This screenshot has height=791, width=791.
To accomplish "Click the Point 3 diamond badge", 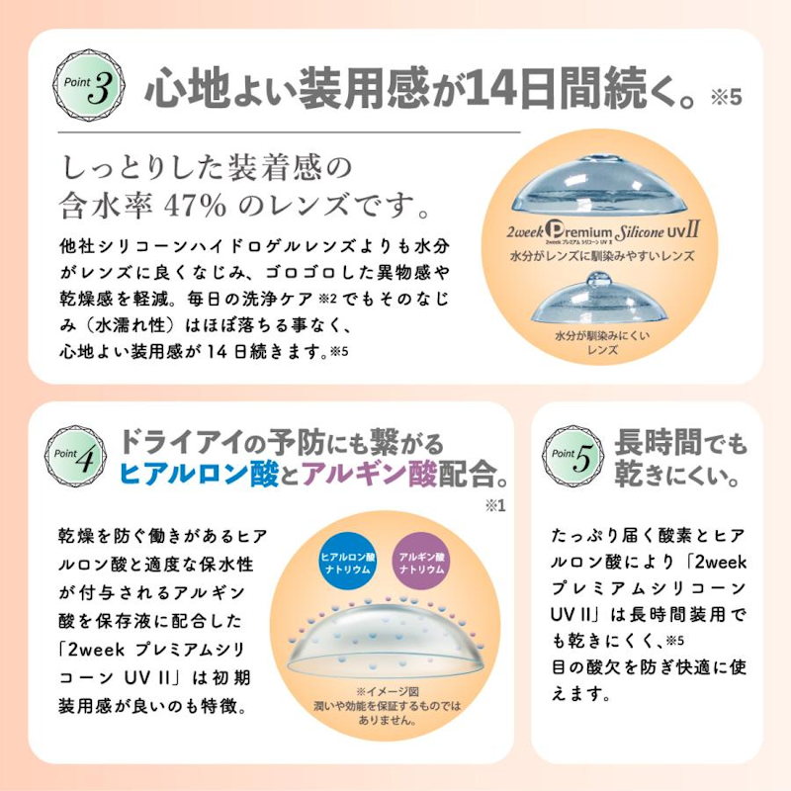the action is coord(88,85).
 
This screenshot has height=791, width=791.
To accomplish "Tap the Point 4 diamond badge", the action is coord(75,456).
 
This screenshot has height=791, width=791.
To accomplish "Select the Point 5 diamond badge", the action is coord(572,456).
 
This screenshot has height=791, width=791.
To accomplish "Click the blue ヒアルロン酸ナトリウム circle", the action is coord(348,563).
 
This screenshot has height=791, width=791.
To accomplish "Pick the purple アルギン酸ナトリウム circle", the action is coord(422,563).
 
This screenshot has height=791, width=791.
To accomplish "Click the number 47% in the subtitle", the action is coord(195,205).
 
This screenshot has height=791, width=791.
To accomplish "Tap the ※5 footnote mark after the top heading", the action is coord(727,96).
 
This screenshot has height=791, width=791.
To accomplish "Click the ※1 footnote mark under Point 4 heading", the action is coord(495,505).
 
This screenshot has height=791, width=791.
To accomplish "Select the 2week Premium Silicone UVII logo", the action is coord(603,232).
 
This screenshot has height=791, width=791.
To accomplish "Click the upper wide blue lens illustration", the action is coord(599,185).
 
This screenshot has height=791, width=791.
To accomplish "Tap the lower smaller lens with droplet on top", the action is coord(600,299).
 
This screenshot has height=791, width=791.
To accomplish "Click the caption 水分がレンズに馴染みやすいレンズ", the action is coord(603,256).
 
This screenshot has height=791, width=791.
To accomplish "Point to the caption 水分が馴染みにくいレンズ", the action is coord(603,342).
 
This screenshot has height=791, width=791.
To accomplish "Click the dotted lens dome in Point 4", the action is coord(386,637).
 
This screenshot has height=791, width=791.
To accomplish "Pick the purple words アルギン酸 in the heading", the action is coord(369,474).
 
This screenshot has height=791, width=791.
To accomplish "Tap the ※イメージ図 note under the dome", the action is coord(388,691).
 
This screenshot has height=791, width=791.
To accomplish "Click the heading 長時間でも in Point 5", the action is coord(680,442).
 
